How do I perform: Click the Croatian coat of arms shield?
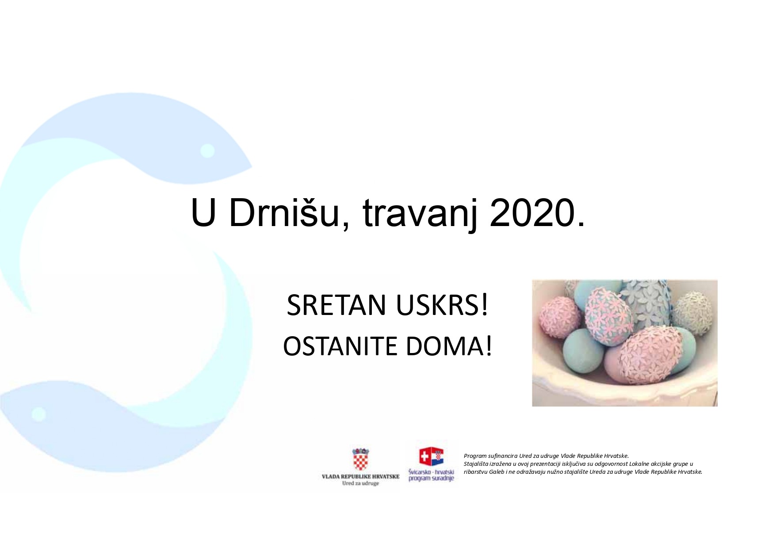360,461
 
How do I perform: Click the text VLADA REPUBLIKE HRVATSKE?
360,476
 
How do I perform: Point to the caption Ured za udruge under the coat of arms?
360,484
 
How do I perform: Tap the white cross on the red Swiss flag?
425,457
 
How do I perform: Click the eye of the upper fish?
207,151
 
